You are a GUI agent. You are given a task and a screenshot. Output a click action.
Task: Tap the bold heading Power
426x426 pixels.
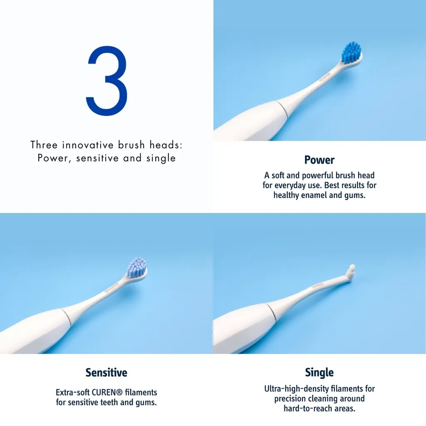tap(319, 160)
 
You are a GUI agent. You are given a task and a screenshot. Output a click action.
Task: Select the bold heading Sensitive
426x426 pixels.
tap(106, 372)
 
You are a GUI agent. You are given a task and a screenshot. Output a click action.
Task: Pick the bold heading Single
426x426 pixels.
tap(319, 372)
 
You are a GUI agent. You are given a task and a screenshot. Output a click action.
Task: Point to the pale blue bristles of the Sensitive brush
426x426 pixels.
tap(137, 267)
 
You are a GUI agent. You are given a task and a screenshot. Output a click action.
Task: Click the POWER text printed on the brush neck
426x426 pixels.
tap(324, 77)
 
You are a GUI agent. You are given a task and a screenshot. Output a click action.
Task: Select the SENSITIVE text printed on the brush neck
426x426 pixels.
tap(111, 288)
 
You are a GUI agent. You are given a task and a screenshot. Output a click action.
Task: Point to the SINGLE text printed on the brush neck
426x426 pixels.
tap(317, 285)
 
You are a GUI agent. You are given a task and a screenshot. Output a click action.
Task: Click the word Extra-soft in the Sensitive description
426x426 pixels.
tap(73, 392)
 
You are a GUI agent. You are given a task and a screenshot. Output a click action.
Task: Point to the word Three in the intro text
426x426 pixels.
tap(44, 145)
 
